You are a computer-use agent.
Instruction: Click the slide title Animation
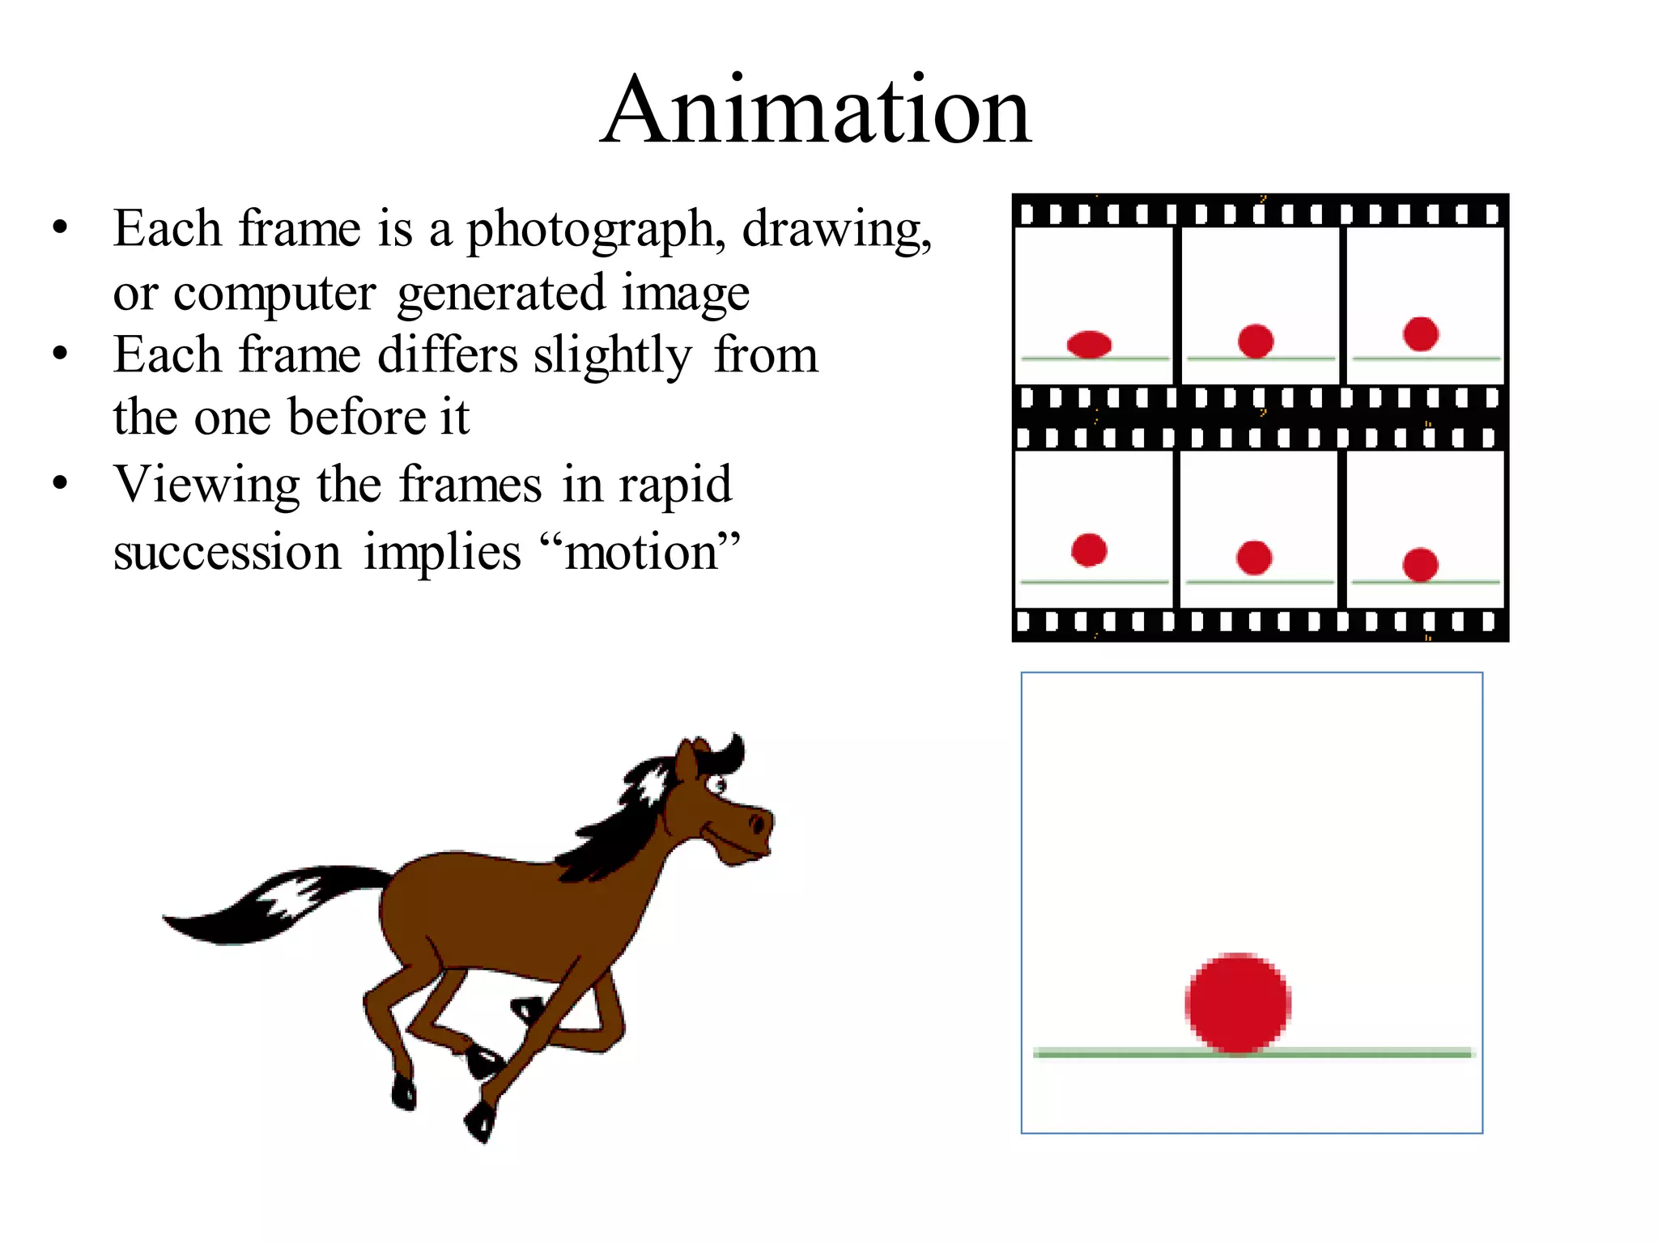816,110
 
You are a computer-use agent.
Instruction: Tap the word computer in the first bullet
274,293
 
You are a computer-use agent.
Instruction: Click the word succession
227,554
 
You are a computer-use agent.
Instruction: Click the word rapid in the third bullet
675,486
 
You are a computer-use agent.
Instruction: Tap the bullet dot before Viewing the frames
60,483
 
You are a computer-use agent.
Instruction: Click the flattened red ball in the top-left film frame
1089,344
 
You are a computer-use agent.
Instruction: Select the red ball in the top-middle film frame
1256,341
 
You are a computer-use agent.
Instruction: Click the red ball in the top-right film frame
1421,333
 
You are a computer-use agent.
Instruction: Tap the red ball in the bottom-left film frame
1089,550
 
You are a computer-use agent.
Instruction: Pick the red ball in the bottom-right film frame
1420,565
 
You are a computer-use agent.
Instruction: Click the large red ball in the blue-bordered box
1238,1003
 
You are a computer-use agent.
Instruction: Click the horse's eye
717,783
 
